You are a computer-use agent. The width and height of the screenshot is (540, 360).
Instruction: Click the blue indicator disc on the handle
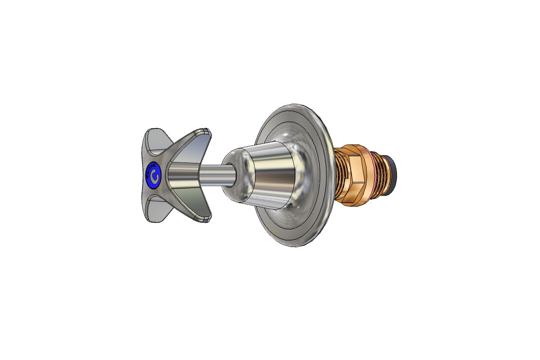153,175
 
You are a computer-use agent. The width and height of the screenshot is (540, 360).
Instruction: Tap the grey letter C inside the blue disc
153,175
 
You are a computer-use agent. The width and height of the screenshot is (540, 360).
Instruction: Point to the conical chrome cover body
275,175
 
